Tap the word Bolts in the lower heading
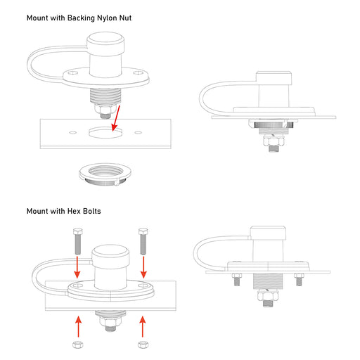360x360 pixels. pyautogui.click(x=92, y=211)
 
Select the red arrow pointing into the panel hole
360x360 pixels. pyautogui.click(x=116, y=118)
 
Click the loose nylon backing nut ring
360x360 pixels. pyautogui.click(x=105, y=174)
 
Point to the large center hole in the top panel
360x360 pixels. pyautogui.click(x=105, y=132)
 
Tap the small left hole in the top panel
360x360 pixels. pyautogui.click(x=73, y=133)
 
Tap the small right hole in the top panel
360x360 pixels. pyautogui.click(x=138, y=133)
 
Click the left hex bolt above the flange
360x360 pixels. pyautogui.click(x=77, y=241)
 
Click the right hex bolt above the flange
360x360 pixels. pyautogui.click(x=143, y=241)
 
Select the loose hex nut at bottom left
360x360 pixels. pyautogui.click(x=78, y=345)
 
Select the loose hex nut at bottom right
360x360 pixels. pyautogui.click(x=143, y=345)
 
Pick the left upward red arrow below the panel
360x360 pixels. pyautogui.click(x=79, y=327)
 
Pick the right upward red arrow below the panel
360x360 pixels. pyautogui.click(x=143, y=327)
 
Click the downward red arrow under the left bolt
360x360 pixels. pyautogui.click(x=77, y=267)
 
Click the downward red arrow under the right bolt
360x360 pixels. pyautogui.click(x=143, y=267)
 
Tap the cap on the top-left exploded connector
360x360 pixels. pyautogui.click(x=105, y=44)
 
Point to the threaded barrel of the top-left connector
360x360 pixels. pyautogui.click(x=105, y=96)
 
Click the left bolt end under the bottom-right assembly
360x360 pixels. pyautogui.click(x=236, y=280)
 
